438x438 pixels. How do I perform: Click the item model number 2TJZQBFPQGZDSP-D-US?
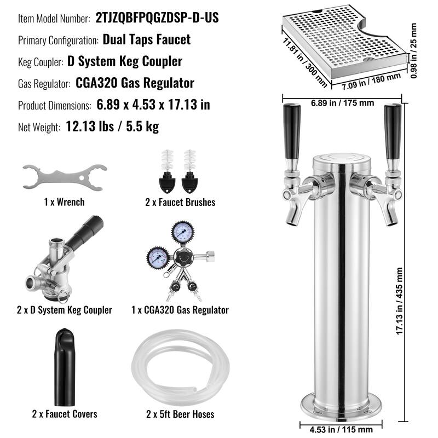pos(157,18)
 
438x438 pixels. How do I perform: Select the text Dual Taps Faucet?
pos(146,39)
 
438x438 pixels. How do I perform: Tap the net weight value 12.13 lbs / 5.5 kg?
pos(112,127)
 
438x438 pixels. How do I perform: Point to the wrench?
pos(64,177)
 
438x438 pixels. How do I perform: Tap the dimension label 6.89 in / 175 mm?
pos(343,102)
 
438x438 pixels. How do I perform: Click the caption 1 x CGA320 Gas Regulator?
pos(180,310)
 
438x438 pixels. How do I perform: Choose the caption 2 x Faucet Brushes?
pos(180,202)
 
